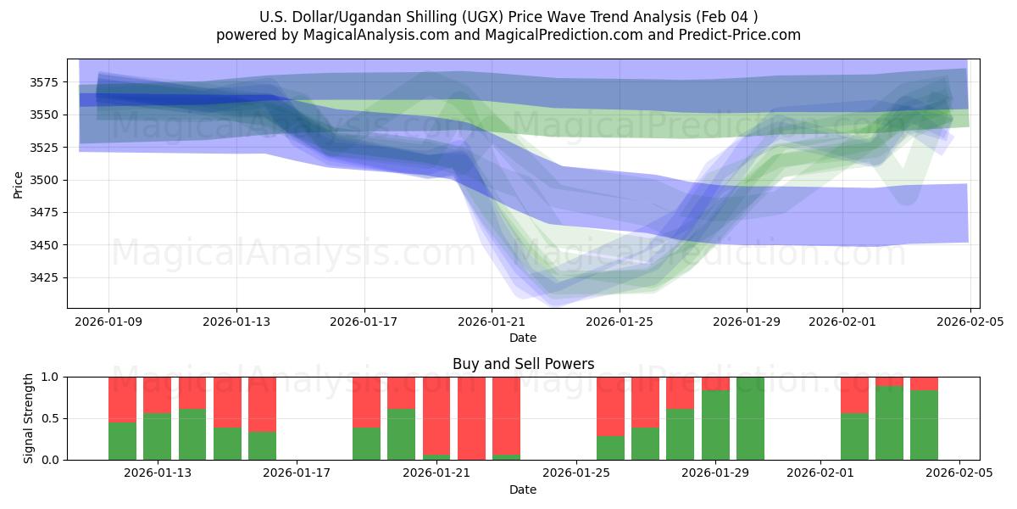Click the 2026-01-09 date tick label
108,322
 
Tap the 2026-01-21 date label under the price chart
492,322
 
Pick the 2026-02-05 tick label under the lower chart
959,473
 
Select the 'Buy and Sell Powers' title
523,364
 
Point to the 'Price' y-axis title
19,183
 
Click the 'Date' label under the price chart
523,338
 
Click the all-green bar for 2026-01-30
750,418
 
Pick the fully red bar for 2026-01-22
471,418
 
